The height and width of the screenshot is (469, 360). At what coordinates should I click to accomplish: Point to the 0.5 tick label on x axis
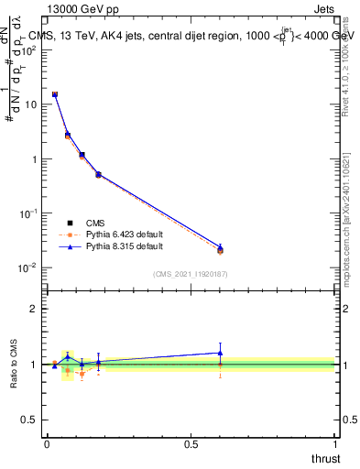point(191,443)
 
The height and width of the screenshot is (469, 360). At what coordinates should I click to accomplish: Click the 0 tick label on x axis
point(47,443)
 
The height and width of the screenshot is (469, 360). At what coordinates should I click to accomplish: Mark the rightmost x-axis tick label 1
point(335,443)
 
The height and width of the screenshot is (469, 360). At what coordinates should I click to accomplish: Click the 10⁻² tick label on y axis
point(30,267)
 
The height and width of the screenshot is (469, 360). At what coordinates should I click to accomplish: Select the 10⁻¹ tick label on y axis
point(30,213)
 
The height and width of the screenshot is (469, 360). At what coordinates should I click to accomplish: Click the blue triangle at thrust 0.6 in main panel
point(220,246)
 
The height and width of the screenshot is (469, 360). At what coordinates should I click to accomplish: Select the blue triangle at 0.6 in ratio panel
point(220,353)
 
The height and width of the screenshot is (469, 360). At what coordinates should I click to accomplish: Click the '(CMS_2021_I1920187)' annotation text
point(191,274)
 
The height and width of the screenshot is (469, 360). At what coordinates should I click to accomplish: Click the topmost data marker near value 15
point(55,94)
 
